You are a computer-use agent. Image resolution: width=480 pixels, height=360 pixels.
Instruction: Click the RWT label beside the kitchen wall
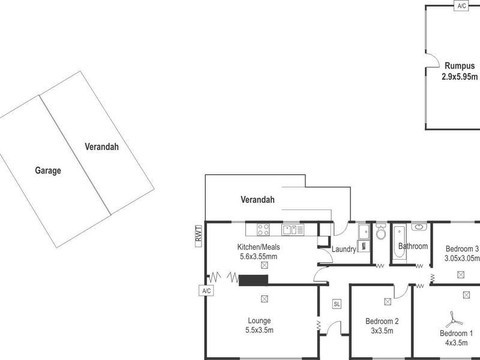coord(197,234)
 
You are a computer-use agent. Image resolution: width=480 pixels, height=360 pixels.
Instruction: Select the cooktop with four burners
coord(263,229)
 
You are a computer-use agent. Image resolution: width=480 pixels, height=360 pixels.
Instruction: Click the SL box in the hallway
coord(337,304)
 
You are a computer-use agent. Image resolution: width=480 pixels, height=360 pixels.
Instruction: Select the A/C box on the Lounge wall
coord(206,291)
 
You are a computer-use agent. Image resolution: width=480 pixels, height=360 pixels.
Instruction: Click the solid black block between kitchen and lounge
coord(253,280)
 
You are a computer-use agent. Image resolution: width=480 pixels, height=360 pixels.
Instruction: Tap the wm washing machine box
coord(364,247)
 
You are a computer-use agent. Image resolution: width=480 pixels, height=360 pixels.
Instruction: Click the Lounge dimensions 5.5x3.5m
coord(260,330)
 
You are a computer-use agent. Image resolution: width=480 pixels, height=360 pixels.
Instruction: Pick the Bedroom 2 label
coord(382,321)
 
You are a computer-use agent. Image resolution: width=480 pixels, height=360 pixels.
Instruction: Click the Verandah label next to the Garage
coord(101,146)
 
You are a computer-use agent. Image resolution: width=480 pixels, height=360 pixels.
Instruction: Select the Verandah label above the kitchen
coord(257,200)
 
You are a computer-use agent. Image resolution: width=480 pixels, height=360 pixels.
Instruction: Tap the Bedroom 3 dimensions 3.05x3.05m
coord(461,259)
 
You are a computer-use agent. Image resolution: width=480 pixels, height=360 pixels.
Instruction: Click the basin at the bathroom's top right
coord(419,227)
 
